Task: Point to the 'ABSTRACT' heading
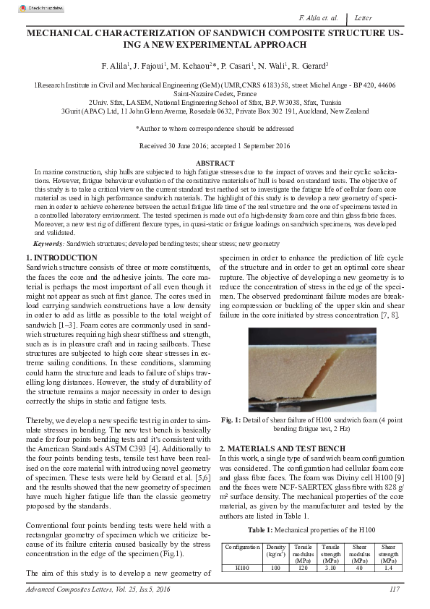[x=215, y=164]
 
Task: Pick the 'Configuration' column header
[x=242, y=548]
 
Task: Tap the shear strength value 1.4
[x=388, y=568]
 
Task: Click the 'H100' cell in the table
[x=242, y=568]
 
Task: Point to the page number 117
[x=394, y=589]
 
